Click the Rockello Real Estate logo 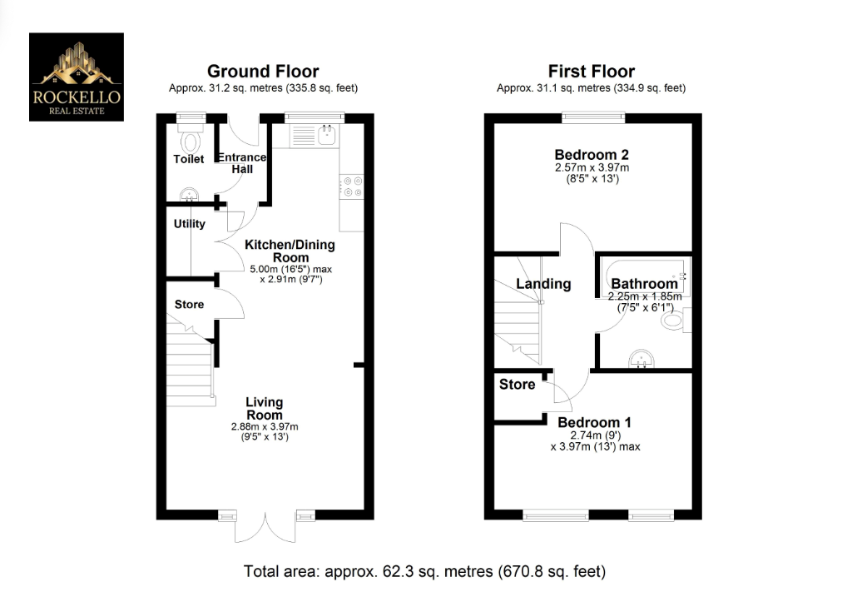tap(77, 77)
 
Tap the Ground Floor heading tap(262, 72)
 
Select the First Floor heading tap(591, 72)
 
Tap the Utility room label tap(189, 224)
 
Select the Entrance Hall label tap(242, 163)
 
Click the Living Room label tap(264, 409)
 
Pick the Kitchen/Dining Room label tap(289, 251)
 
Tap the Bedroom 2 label tap(592, 155)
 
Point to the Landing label tap(543, 284)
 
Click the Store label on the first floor tap(517, 385)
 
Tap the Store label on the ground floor tap(189, 305)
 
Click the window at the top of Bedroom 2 tap(592, 117)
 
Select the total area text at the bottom tap(424, 571)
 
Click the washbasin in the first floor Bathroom tap(641, 359)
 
